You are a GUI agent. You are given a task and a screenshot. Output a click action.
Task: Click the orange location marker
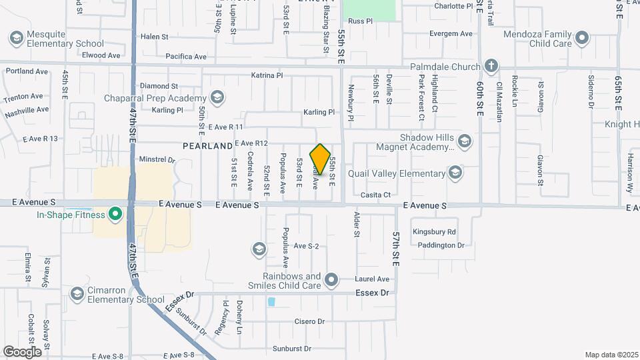[321, 159]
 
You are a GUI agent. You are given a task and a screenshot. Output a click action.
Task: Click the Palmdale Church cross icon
[491, 66]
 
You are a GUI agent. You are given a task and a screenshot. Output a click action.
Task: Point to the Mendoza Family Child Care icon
[582, 37]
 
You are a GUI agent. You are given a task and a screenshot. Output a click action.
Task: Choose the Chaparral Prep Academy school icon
[217, 98]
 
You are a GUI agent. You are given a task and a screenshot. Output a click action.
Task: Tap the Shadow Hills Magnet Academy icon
[465, 141]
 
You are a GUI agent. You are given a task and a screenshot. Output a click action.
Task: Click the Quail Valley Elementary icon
[455, 173]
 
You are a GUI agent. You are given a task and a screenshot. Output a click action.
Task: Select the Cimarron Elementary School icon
[77, 294]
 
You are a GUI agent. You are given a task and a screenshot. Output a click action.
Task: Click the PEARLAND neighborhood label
[208, 145]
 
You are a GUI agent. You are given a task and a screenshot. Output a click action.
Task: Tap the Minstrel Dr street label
[157, 160]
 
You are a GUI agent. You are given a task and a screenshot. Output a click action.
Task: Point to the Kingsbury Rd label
[433, 232]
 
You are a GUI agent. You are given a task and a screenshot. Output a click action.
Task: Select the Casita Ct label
[375, 195]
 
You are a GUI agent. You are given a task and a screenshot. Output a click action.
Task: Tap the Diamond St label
[159, 86]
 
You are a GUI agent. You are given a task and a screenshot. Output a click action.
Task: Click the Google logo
[22, 351]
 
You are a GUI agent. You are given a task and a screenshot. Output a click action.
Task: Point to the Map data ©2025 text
[611, 355]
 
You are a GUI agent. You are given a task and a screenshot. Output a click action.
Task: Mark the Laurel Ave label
[373, 279]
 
